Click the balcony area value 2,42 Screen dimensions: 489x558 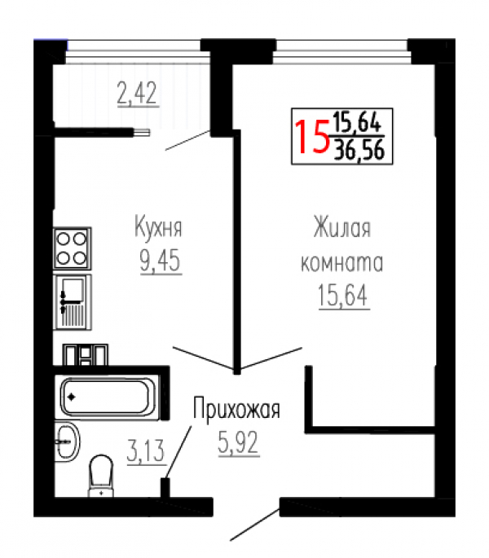tap(137, 93)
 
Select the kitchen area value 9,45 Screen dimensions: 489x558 tap(161, 261)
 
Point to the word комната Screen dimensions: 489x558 tap(342, 262)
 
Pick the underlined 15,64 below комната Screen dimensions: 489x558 tap(342, 295)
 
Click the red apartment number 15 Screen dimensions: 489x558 tap(312, 137)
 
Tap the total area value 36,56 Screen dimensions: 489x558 tap(359, 149)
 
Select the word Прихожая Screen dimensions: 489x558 tap(236, 410)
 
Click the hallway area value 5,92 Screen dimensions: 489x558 tap(238, 442)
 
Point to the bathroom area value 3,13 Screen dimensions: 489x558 tap(146, 450)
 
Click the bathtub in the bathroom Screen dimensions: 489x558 tap(107, 397)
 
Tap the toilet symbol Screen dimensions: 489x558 tap(101, 477)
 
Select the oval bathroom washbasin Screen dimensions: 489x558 tap(68, 442)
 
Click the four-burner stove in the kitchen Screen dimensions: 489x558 tap(72, 248)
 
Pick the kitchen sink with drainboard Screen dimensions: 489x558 tap(73, 302)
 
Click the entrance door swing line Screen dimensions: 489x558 tap(255, 525)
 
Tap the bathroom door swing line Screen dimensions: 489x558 tap(178, 452)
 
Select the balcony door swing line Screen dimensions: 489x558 tap(188, 140)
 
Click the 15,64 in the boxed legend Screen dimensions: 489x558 tap(357, 122)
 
